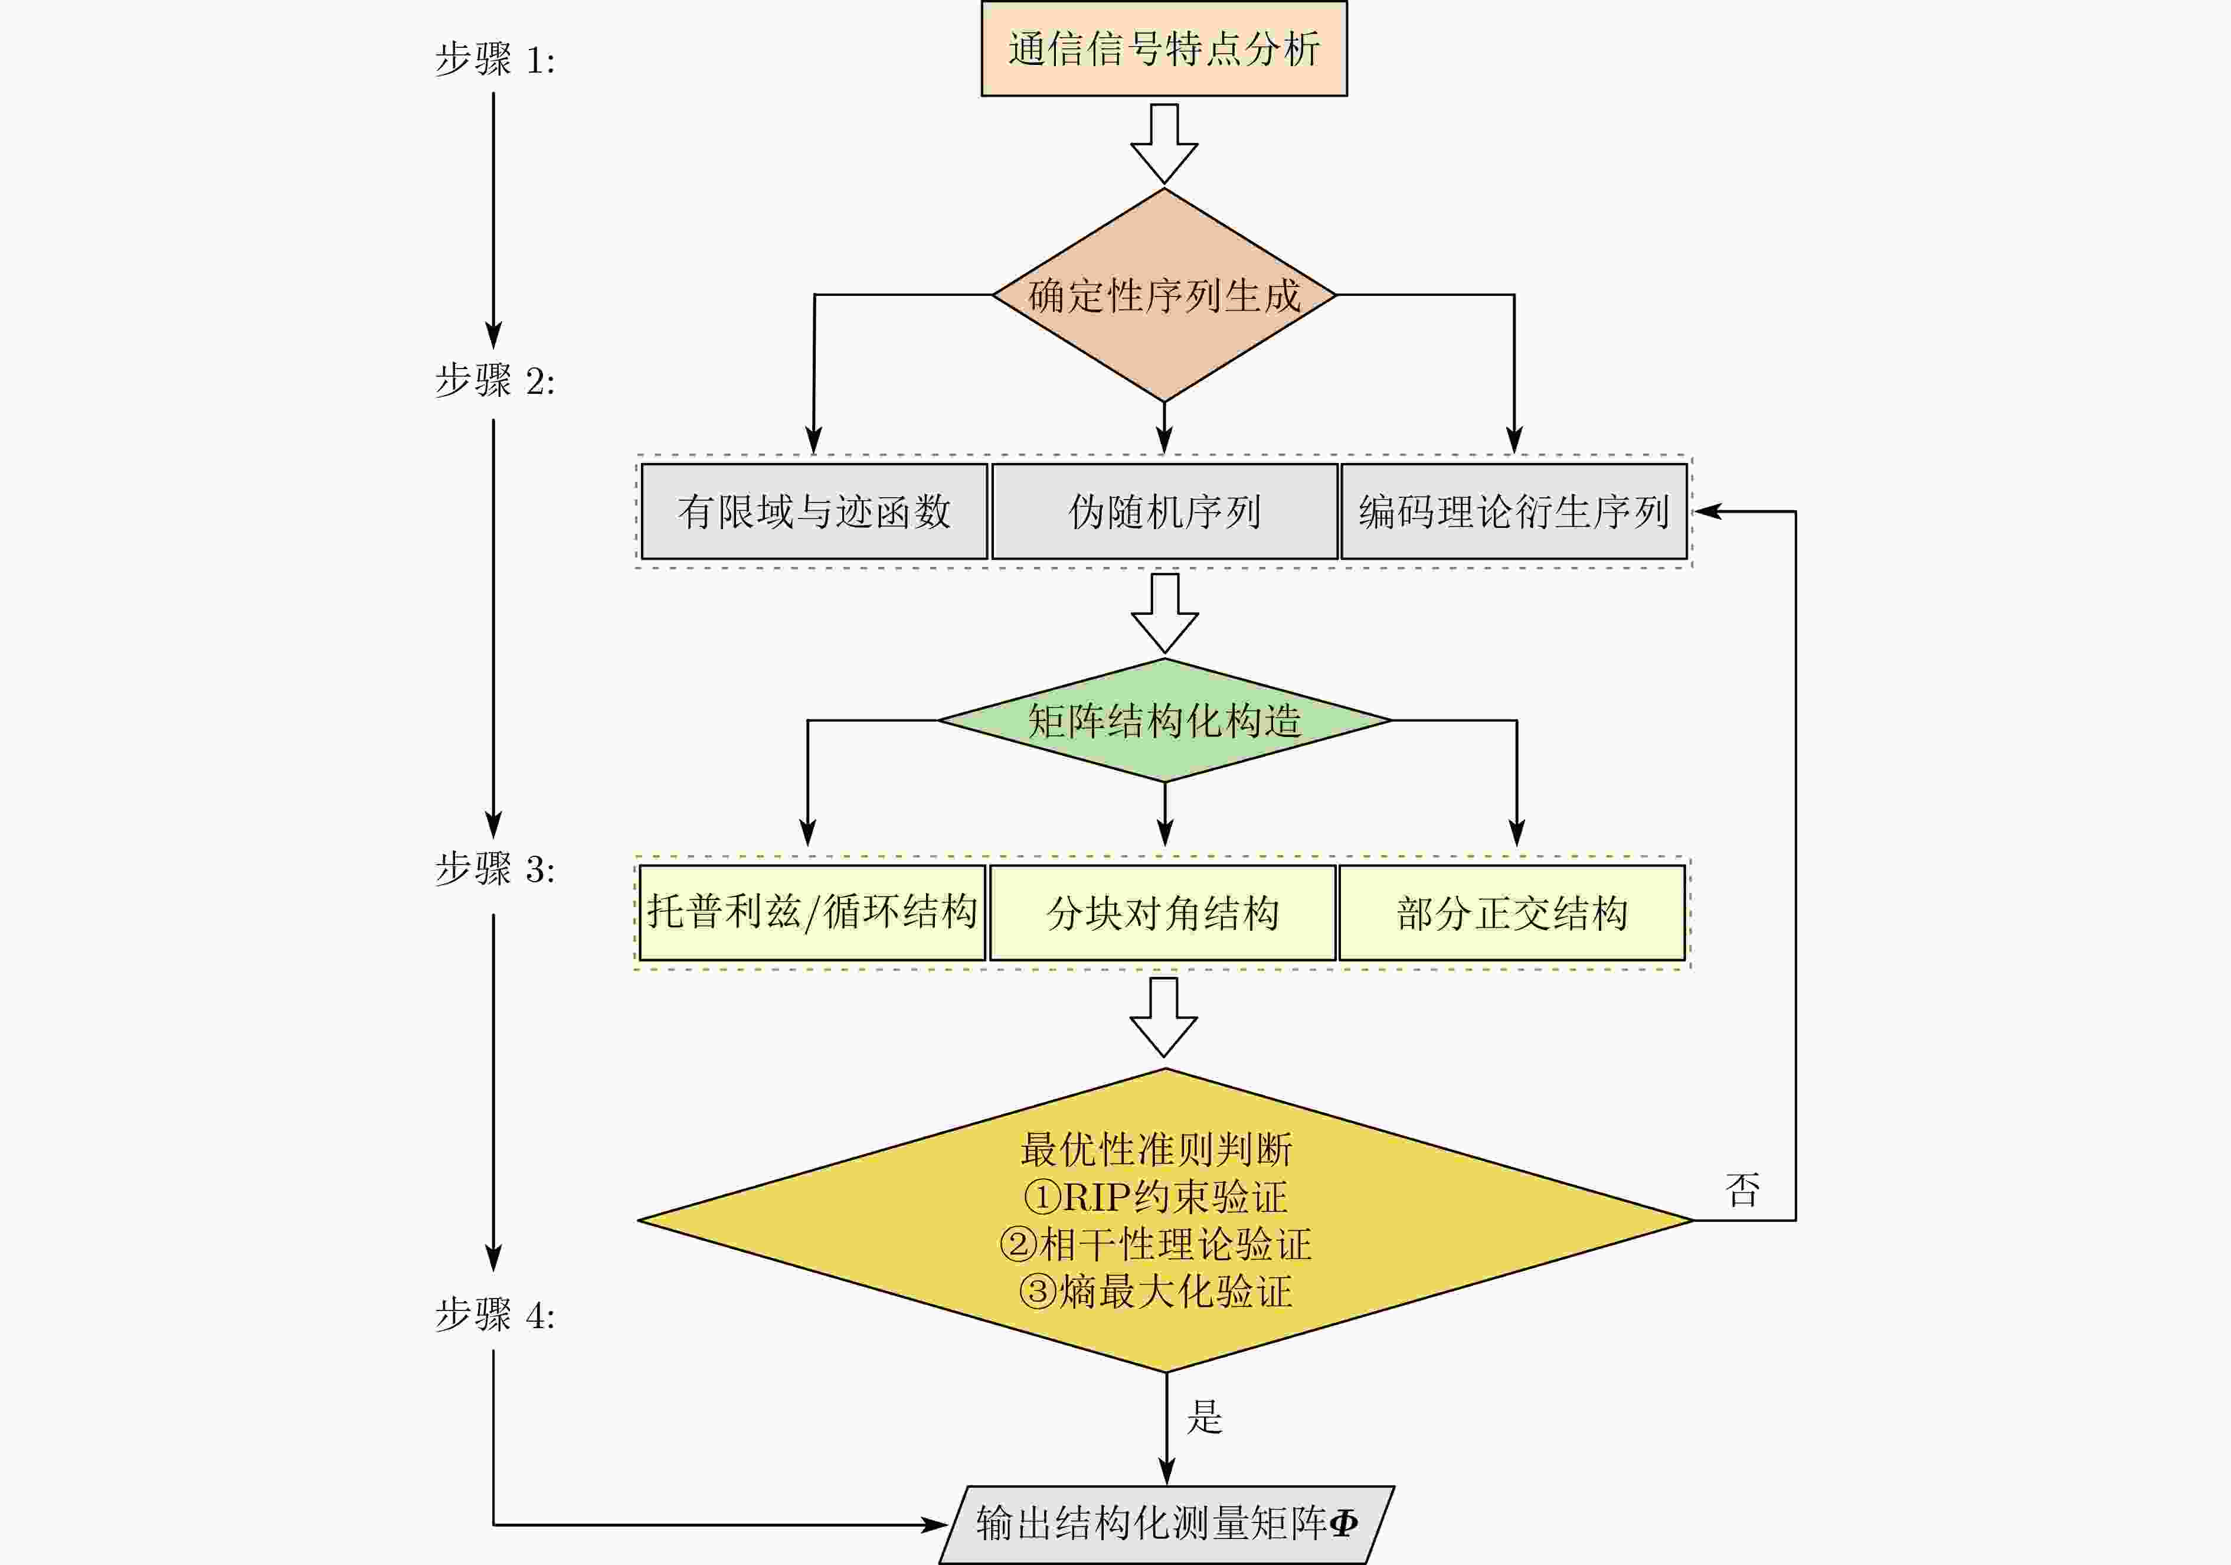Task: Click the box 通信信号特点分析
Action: click(1163, 48)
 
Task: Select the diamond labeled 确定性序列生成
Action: click(1163, 295)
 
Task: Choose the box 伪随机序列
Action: click(1164, 511)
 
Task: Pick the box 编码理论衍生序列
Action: click(1513, 511)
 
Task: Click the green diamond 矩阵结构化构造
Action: click(1164, 720)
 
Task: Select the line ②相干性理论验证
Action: click(1156, 1244)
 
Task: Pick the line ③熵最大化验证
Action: click(1156, 1292)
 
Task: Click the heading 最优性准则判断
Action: click(1156, 1150)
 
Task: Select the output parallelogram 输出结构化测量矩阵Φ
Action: click(1166, 1523)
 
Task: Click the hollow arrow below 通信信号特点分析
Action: click(1163, 143)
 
